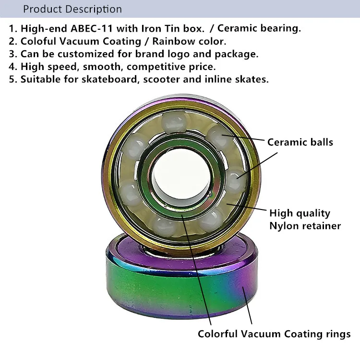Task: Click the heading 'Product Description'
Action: click(x=72, y=9)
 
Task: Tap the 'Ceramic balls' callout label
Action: click(x=300, y=142)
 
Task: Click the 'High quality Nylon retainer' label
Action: click(x=305, y=219)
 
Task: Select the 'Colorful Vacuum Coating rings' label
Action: click(x=274, y=334)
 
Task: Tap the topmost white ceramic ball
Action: click(x=174, y=121)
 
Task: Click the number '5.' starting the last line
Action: click(x=12, y=80)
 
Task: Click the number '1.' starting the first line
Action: click(x=12, y=28)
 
